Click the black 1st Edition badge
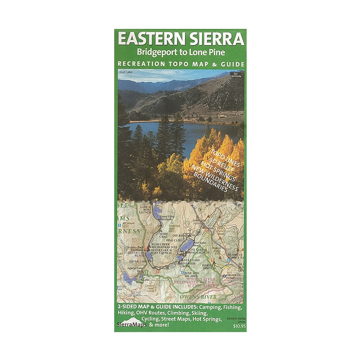coord(236,74)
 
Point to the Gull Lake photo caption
coord(125,72)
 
